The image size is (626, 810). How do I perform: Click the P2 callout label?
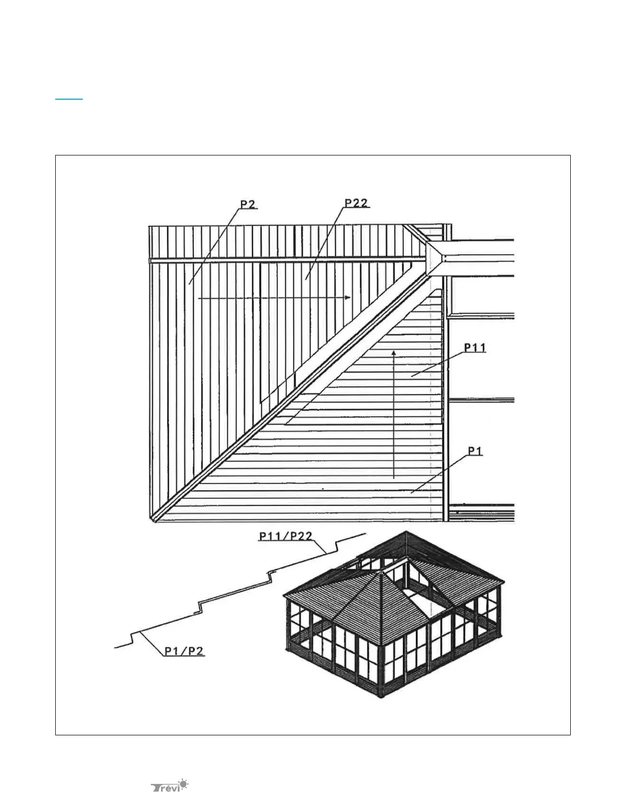point(248,205)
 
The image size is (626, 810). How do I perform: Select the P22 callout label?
point(356,203)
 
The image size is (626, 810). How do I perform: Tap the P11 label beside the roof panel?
point(475,348)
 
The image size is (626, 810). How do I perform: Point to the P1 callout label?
point(475,451)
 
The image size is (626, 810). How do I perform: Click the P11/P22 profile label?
point(285,536)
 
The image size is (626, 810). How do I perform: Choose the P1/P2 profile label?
point(184,651)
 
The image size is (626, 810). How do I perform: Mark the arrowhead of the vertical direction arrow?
point(394,352)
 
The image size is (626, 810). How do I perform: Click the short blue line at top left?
point(69,99)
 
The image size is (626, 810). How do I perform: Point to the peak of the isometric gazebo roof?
point(381,573)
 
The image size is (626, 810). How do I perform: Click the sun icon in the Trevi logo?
point(183,783)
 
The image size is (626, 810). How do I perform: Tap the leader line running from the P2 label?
point(215,245)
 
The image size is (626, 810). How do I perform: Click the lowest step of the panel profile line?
point(132,639)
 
